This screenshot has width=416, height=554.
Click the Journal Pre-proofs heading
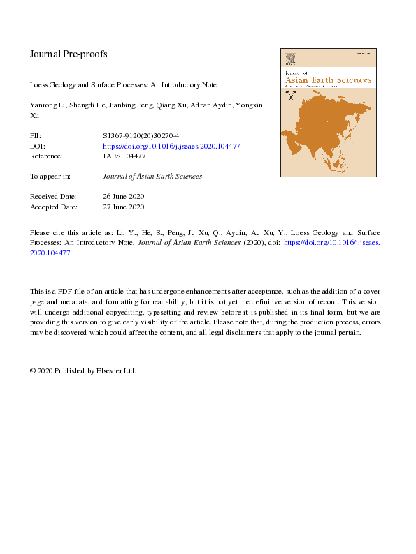coord(68,54)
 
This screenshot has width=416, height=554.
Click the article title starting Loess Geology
coord(123,85)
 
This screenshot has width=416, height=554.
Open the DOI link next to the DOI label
coord(171,147)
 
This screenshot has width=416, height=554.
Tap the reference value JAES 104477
coord(124,156)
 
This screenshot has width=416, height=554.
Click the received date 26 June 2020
coord(123,197)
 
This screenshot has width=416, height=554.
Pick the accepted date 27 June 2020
coord(123,207)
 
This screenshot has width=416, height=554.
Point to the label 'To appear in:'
coord(50,177)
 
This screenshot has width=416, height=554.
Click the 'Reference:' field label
coord(46,156)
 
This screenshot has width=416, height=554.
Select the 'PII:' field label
coord(36,138)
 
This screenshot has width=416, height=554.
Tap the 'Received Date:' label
coord(53,197)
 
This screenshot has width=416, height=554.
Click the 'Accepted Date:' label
coord(53,207)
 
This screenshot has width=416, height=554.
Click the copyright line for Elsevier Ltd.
coord(83,371)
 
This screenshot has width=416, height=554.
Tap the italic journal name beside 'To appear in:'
coord(152,177)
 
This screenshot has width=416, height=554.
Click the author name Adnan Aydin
coord(209,105)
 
